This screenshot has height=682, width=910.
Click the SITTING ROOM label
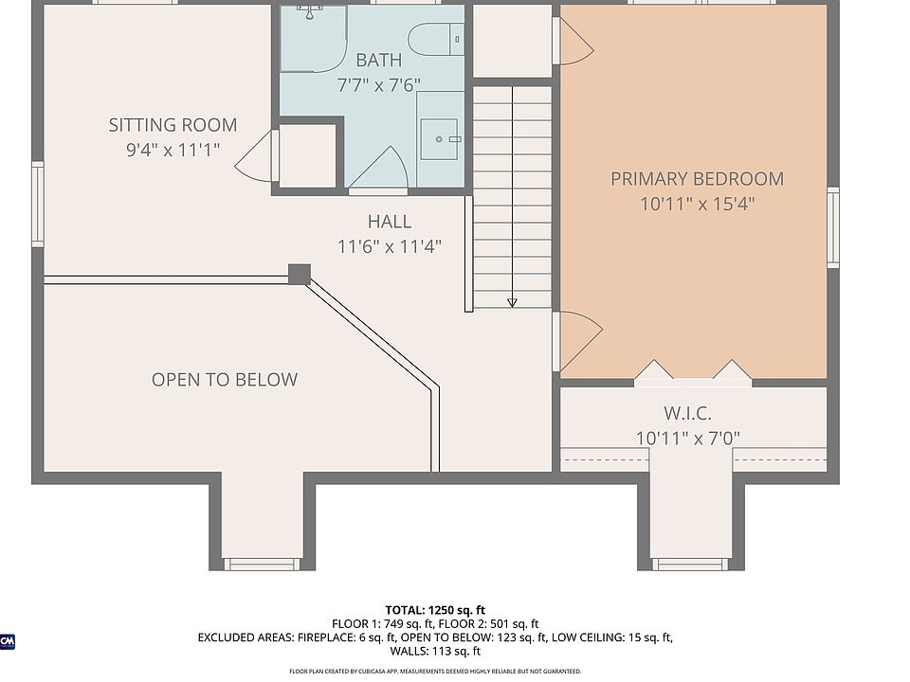pos(173,125)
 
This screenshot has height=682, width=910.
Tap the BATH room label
pos(378,60)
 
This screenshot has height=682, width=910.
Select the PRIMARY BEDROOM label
pos(697,179)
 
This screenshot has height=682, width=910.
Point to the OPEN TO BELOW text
pos(225,379)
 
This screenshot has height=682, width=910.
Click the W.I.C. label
pos(688,414)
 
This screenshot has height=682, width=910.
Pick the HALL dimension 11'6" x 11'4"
pos(390,247)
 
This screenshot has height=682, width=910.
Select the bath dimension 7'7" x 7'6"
pos(378,85)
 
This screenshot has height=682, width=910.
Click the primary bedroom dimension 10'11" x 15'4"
pos(697,205)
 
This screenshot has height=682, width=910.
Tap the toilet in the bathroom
pos(436,40)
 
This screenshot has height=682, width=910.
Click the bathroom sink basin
pos(439,139)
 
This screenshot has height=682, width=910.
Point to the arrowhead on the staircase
pos(512,303)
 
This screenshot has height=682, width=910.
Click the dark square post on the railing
pos(300,275)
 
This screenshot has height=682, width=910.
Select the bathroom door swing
pos(378,169)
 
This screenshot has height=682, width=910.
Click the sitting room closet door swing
pos(255,156)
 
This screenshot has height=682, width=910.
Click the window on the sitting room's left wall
pos(37,205)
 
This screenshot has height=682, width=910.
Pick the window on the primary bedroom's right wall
pos(833,227)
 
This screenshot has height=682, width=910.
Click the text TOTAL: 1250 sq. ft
pos(435,610)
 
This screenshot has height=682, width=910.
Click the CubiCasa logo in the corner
pos(7,641)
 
